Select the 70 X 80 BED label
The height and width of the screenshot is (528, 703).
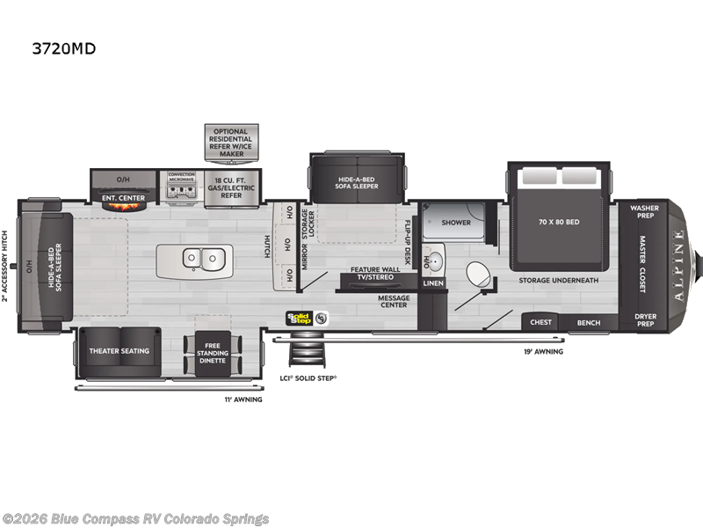(560, 223)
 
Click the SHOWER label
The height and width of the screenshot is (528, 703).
(455, 223)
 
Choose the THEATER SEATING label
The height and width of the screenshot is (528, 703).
(119, 350)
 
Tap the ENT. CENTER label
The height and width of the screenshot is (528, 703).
(123, 198)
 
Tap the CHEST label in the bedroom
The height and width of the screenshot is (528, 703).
(540, 322)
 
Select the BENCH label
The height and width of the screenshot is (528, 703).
(588, 322)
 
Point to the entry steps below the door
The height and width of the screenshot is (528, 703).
(308, 356)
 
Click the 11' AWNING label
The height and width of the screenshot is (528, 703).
(243, 399)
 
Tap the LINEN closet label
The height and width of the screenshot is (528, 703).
(433, 283)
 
